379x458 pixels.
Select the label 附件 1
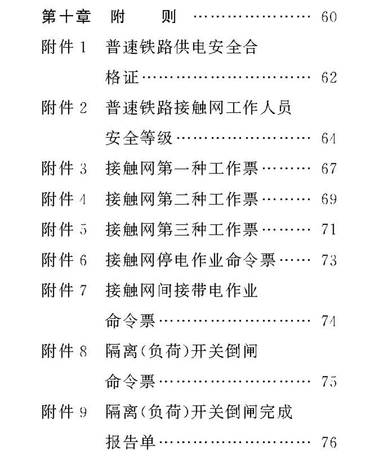pos(64,48)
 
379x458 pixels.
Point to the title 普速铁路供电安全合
pos(181,48)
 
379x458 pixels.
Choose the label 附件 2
pos(64,108)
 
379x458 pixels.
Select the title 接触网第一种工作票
pos(181,169)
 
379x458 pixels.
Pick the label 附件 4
pos(64,199)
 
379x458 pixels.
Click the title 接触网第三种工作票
pos(181,230)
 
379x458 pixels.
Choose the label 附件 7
pos(64,291)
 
